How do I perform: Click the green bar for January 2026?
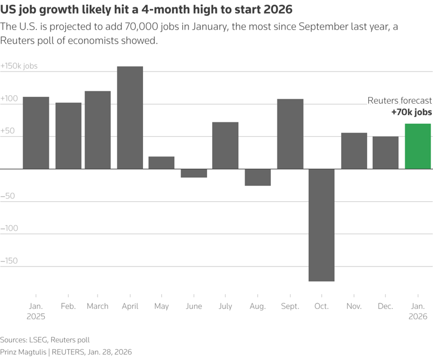click(x=418, y=146)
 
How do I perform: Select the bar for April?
click(x=130, y=118)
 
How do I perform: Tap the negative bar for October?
click(x=321, y=225)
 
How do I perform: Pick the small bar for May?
click(x=162, y=163)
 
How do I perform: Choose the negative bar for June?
click(x=194, y=173)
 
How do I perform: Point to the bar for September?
click(x=290, y=134)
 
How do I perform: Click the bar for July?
click(x=225, y=146)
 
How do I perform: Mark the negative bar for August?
click(x=258, y=177)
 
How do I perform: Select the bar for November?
click(x=354, y=151)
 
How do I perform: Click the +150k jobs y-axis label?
click(x=19, y=66)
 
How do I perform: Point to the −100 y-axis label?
click(x=10, y=228)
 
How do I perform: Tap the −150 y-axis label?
click(x=10, y=261)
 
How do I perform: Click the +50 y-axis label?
click(x=9, y=131)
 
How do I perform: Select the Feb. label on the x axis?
click(x=68, y=306)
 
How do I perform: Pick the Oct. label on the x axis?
click(x=321, y=306)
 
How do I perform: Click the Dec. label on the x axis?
click(x=386, y=306)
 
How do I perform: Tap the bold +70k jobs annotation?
click(x=411, y=112)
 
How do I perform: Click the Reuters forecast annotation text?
click(x=400, y=100)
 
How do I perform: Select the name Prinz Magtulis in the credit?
click(x=24, y=352)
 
